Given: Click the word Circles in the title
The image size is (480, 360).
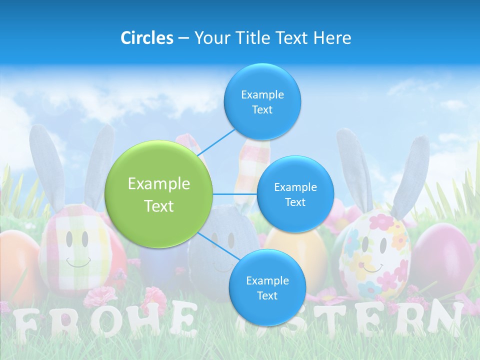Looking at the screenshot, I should click(x=147, y=38).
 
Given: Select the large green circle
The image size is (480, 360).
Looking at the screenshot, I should click(x=159, y=194).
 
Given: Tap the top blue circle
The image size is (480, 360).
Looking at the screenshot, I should click(x=262, y=101).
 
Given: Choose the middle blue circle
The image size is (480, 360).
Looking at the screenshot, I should click(x=295, y=194).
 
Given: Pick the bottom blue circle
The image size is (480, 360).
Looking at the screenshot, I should click(x=267, y=287).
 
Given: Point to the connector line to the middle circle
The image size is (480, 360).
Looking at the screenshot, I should click(x=235, y=194).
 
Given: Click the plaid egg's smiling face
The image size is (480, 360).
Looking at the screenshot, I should click(x=77, y=250).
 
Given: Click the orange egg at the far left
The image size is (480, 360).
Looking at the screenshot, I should click(x=17, y=265).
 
